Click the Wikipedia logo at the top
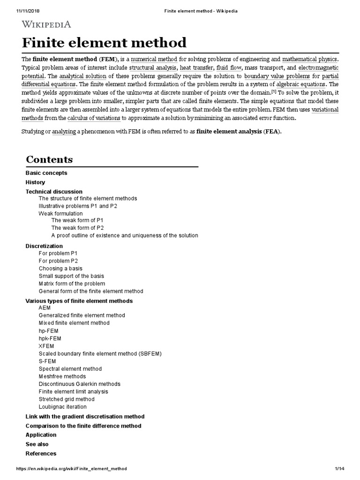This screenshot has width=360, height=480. click(46, 24)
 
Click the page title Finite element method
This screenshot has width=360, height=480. click(104, 43)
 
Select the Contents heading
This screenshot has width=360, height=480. click(49, 159)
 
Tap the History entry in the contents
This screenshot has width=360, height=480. click(35, 182)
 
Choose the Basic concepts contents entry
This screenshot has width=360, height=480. click(46, 173)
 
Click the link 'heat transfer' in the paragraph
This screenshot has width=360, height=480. click(196, 67)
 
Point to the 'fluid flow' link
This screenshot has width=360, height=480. click(228, 67)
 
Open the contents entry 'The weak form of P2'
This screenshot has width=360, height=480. click(77, 228)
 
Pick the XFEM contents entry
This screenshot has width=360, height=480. click(46, 346)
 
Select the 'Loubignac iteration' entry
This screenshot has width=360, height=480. click(62, 407)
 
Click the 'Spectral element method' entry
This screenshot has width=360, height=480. click(70, 369)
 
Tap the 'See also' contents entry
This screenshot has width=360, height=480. click(37, 444)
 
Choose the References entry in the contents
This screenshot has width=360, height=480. click(41, 454)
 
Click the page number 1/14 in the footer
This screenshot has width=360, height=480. click(340, 469)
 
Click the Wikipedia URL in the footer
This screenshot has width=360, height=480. click(71, 469)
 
